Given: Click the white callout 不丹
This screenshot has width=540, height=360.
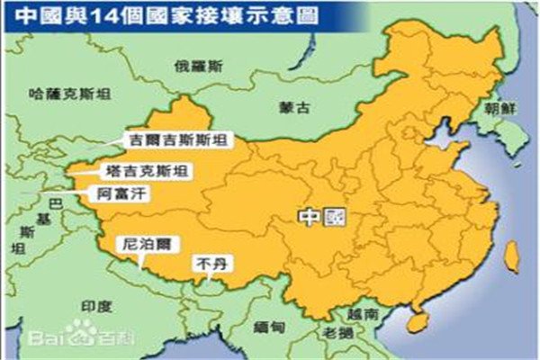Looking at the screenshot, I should [210, 265].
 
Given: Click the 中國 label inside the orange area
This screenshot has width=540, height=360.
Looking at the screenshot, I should [321, 217].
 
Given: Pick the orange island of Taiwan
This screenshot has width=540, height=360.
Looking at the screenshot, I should [510, 257].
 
